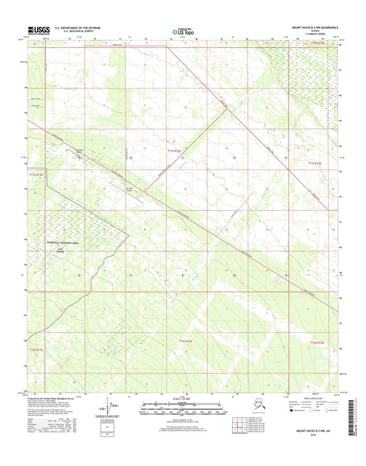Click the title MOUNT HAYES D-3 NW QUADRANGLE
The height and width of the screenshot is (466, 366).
click(x=308, y=29)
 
